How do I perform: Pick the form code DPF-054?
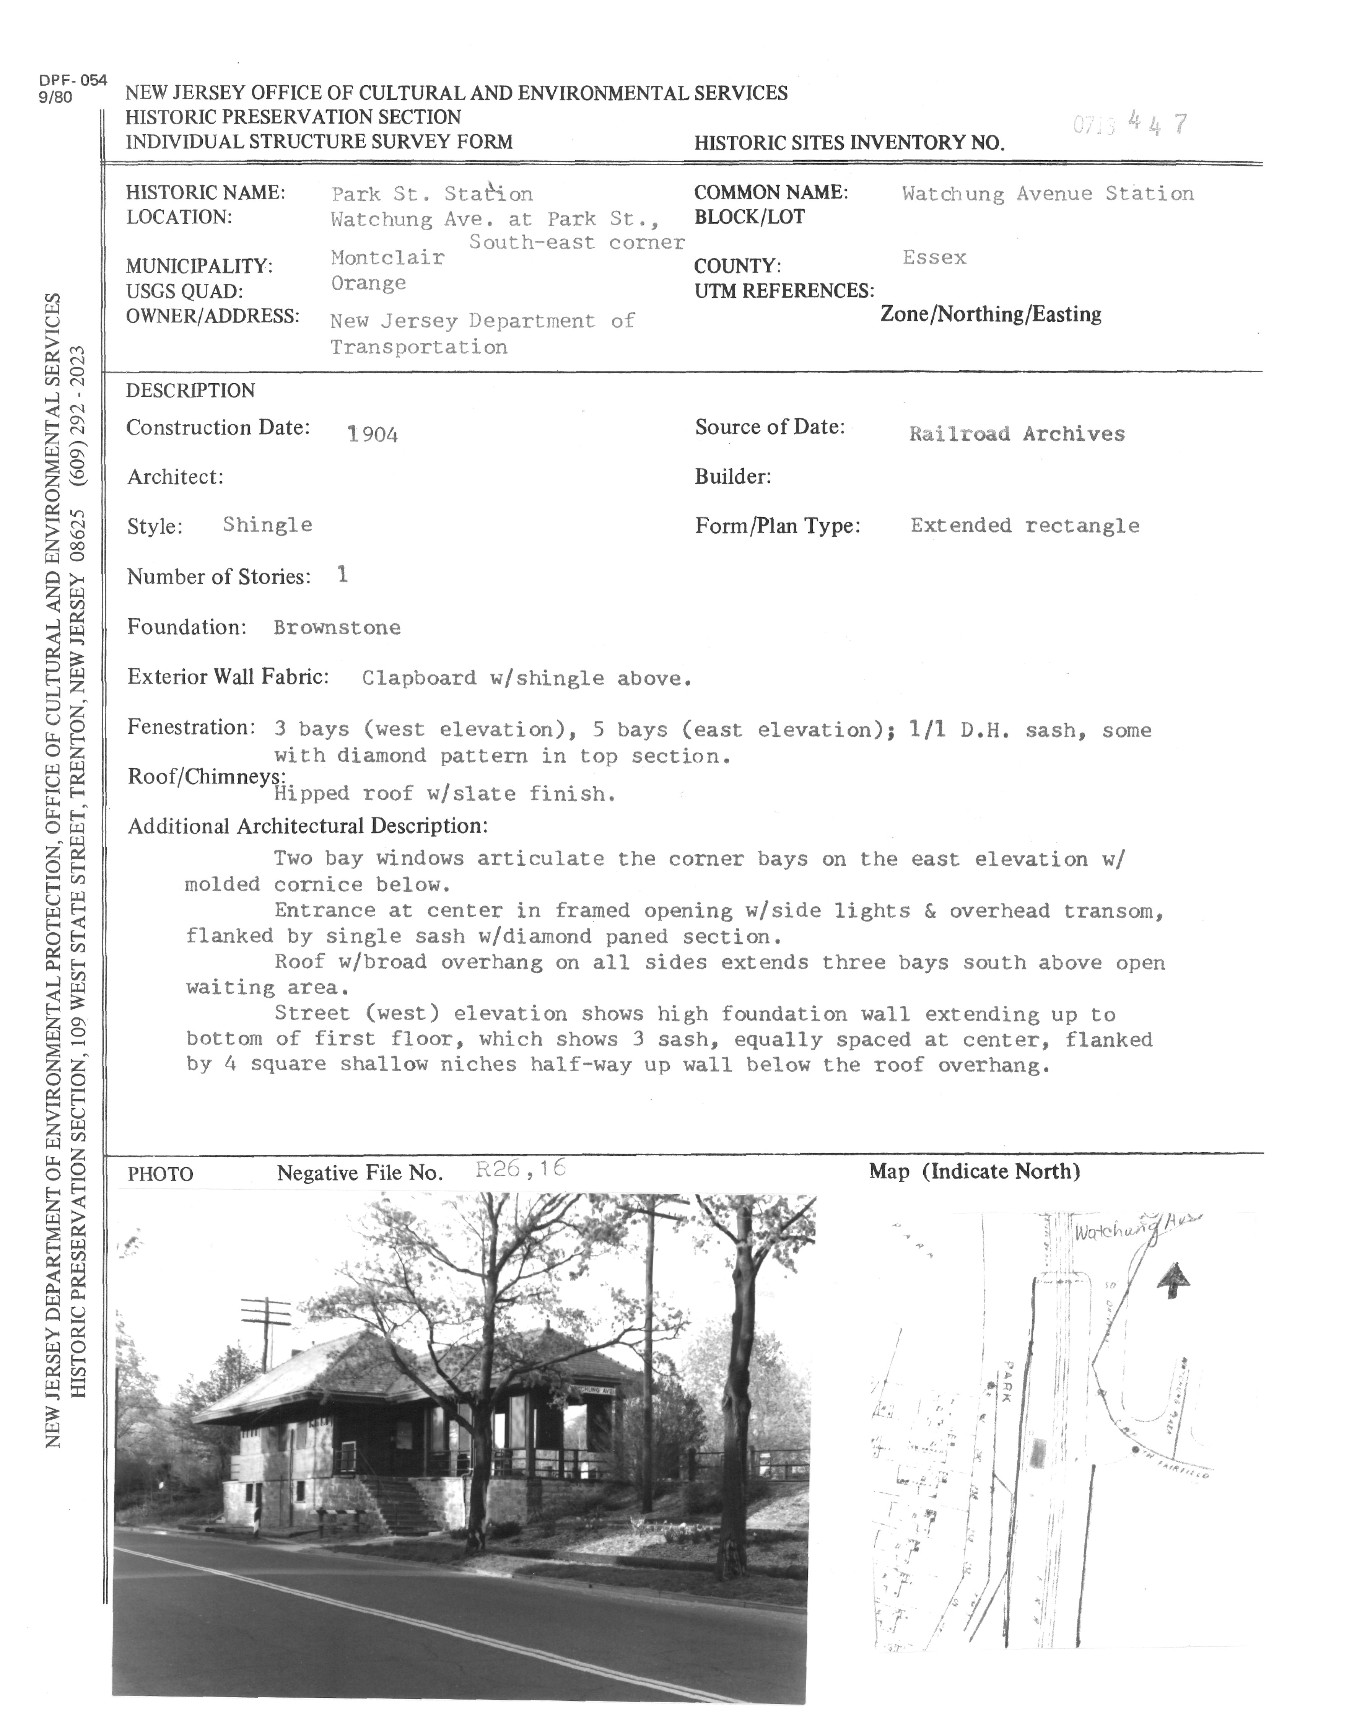click(x=72, y=80)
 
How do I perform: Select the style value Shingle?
click(x=267, y=525)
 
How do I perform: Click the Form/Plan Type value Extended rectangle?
click(x=1024, y=526)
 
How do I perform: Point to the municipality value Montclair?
click(x=387, y=257)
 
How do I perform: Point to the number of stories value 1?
click(x=343, y=575)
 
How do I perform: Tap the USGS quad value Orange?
click(x=368, y=283)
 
